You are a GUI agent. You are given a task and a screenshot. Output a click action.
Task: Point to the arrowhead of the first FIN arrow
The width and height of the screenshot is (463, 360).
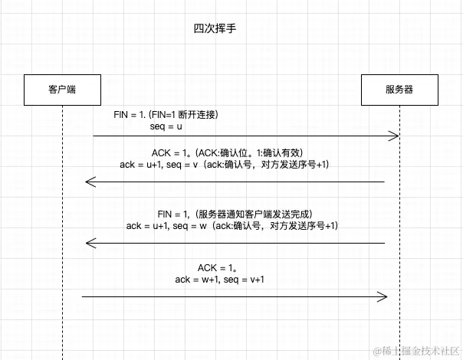394,136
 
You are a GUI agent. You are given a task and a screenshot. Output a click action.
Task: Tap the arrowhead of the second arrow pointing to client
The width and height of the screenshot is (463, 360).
89,182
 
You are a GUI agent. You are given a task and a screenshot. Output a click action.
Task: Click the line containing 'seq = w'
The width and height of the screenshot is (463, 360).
231,226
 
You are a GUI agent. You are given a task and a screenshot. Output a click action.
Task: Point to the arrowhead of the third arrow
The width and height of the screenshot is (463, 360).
89,243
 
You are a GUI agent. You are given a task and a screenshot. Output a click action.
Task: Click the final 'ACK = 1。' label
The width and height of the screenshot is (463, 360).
219,267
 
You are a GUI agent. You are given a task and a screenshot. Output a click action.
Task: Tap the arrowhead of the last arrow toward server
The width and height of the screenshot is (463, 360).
383,296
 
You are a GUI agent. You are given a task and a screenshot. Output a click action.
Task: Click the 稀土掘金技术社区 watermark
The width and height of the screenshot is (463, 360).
416,351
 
